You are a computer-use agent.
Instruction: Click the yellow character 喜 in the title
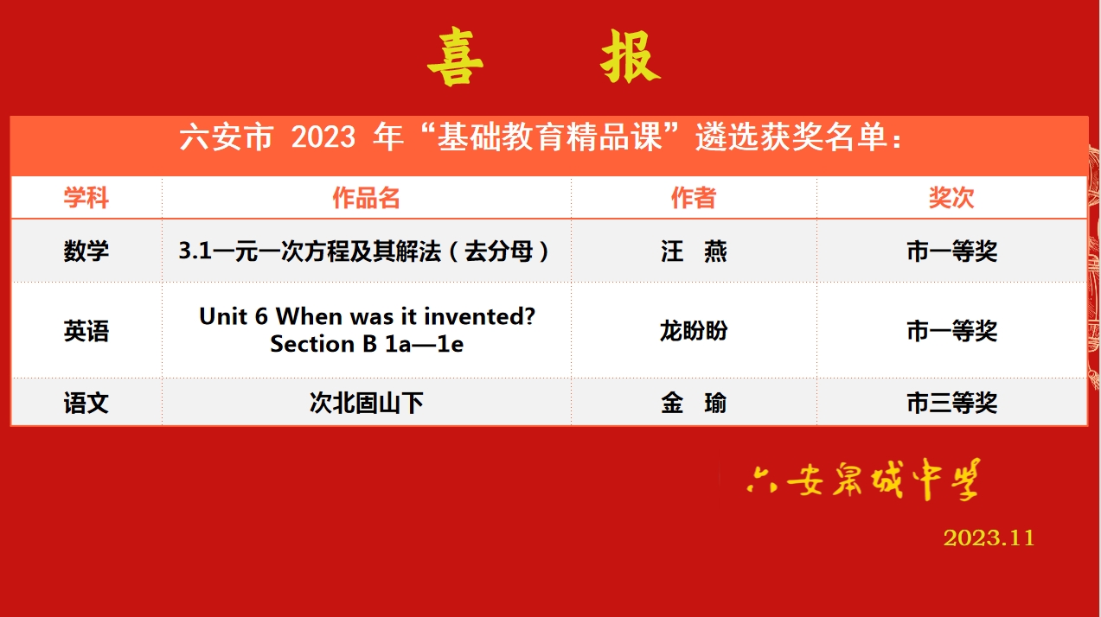pyautogui.click(x=455, y=57)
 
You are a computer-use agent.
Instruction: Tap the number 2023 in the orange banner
pyautogui.click(x=323, y=137)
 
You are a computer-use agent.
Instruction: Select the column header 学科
pyautogui.click(x=86, y=198)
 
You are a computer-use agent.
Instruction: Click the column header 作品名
pyautogui.click(x=366, y=198)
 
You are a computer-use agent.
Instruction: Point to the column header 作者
pyautogui.click(x=694, y=198)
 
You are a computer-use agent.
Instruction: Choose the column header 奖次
pyautogui.click(x=951, y=198)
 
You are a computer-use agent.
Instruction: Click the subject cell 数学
pyautogui.click(x=86, y=251)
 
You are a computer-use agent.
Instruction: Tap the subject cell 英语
pyautogui.click(x=86, y=331)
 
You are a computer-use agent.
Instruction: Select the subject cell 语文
pyautogui.click(x=86, y=404)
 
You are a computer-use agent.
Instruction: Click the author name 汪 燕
pyautogui.click(x=694, y=251)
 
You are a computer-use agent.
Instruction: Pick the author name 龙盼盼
pyautogui.click(x=694, y=331)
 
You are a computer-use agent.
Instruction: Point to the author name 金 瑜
pyautogui.click(x=694, y=404)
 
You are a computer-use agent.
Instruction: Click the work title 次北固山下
pyautogui.click(x=366, y=404)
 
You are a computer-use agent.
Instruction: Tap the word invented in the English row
pyautogui.click(x=473, y=316)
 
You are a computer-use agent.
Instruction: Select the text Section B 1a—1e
pyautogui.click(x=367, y=344)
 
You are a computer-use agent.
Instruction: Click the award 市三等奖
pyautogui.click(x=951, y=404)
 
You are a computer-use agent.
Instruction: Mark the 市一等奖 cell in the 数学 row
pyautogui.click(x=951, y=251)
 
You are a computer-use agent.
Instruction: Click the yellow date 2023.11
pyautogui.click(x=989, y=537)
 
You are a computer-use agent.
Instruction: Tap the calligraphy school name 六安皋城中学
pyautogui.click(x=863, y=480)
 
